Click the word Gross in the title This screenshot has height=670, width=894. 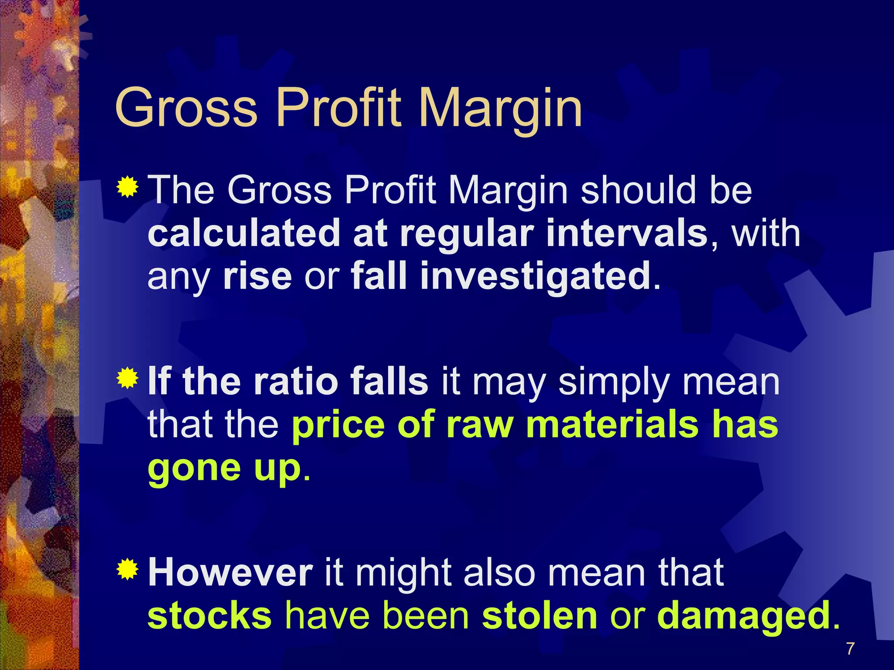(186, 108)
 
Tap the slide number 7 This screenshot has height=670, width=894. (850, 649)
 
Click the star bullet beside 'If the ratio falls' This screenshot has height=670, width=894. (127, 378)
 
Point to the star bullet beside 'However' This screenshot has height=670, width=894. (127, 569)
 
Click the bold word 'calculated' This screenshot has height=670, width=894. (244, 233)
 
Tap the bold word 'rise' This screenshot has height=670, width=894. (257, 277)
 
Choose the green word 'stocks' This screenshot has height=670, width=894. (210, 615)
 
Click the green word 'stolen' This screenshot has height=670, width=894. (540, 615)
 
